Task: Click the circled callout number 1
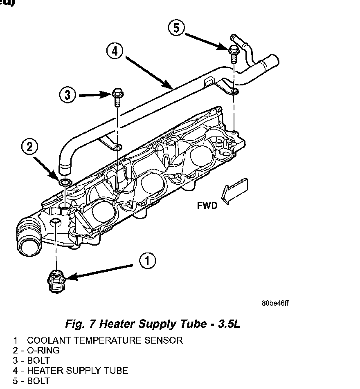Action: point(148,261)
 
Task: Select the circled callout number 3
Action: point(67,95)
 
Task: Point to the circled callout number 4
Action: point(115,51)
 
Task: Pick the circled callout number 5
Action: point(176,28)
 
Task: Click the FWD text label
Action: point(207,206)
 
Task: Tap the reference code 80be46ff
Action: point(275,303)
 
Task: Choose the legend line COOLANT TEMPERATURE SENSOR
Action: point(98,340)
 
